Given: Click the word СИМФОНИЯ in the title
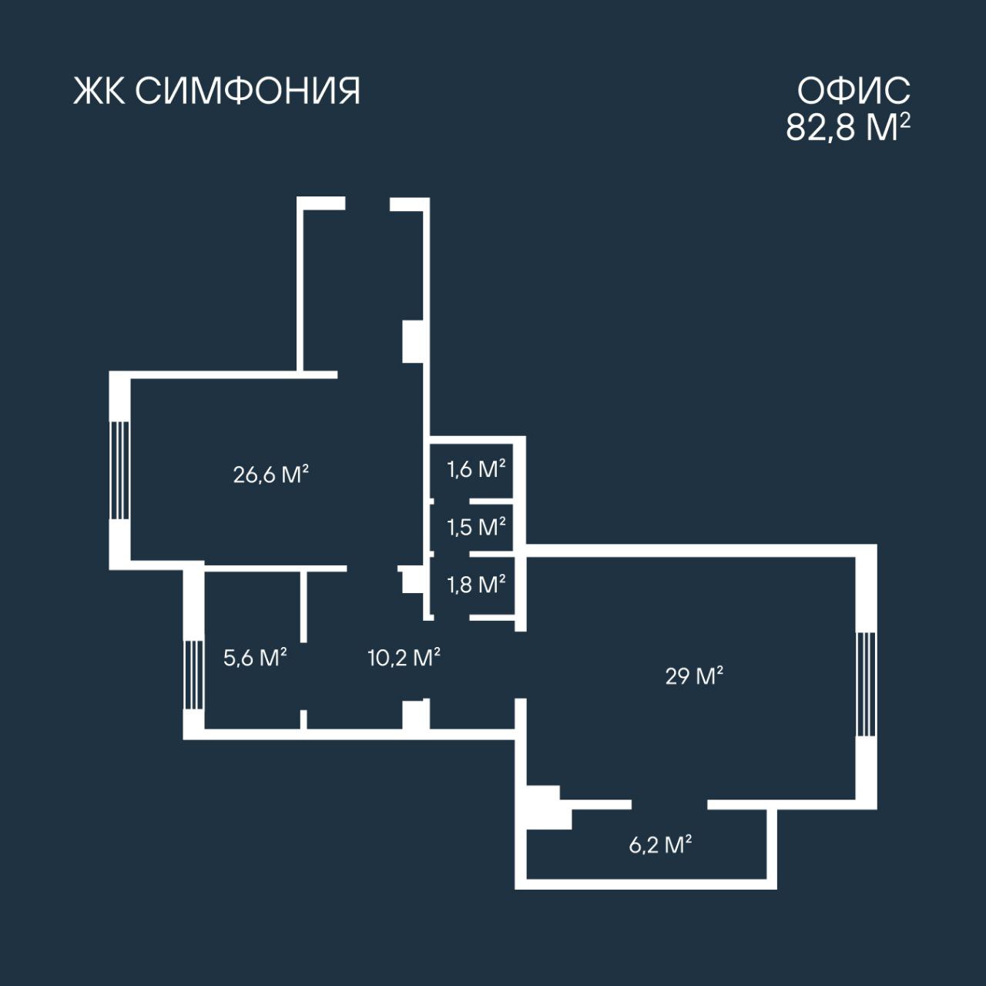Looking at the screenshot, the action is [247, 91].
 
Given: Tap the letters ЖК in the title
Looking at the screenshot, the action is [99, 91].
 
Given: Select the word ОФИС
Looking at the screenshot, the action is [854, 91].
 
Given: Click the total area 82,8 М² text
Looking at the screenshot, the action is [848, 127].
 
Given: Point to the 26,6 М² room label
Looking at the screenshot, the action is [270, 474].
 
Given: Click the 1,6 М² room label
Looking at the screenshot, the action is [476, 468].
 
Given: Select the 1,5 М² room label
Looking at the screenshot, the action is [476, 527].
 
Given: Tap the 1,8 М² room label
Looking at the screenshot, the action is [476, 584].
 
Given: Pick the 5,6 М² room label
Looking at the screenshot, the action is [255, 657].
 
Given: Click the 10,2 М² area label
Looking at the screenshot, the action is [404, 657].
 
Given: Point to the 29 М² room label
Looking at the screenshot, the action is [694, 676].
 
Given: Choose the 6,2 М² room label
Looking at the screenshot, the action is [660, 845].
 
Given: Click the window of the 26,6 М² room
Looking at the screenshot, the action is [119, 470].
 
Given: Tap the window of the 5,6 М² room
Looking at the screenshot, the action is [193, 675].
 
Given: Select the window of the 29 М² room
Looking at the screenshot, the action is [867, 684].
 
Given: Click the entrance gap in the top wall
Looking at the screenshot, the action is [367, 203].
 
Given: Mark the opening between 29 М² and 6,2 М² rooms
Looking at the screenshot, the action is [669, 804].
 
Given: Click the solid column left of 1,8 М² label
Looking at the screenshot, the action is [412, 579].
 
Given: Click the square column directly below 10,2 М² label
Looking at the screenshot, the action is [416, 715].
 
